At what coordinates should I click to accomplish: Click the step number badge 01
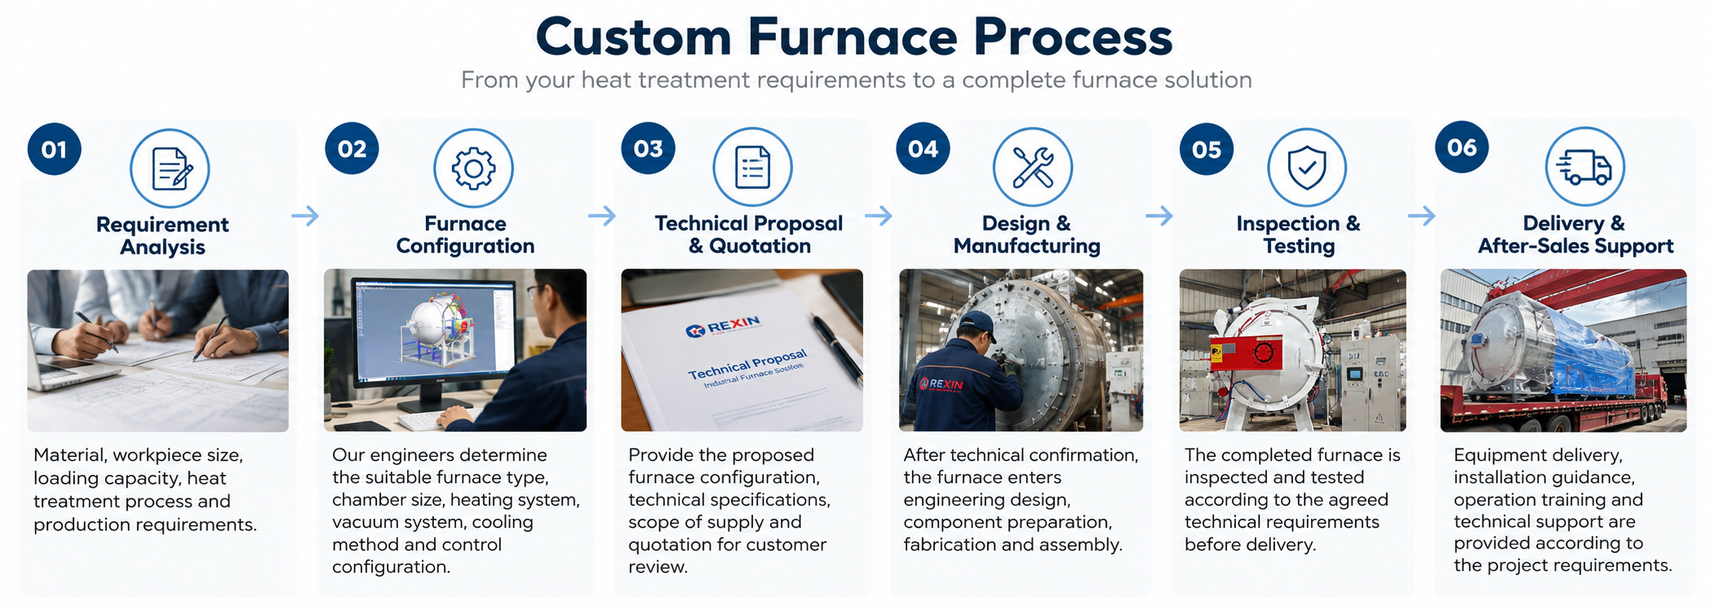[55, 150]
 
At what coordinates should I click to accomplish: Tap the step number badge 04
[923, 149]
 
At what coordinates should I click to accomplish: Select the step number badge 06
[1462, 147]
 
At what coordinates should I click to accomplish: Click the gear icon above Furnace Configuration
[473, 169]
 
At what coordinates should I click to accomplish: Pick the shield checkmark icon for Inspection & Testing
[1307, 168]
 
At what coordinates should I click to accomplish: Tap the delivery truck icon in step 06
[1585, 167]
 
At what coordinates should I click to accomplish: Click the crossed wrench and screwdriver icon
[1033, 168]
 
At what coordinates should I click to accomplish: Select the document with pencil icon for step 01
[170, 169]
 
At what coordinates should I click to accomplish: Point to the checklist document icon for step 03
[752, 168]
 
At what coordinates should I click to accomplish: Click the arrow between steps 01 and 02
[305, 216]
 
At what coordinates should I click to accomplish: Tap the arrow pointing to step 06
[1422, 216]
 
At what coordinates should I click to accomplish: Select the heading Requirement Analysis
[162, 235]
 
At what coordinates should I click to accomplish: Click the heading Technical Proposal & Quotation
[749, 235]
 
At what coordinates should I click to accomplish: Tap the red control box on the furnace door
[1246, 353]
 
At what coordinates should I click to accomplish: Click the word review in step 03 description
[658, 567]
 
